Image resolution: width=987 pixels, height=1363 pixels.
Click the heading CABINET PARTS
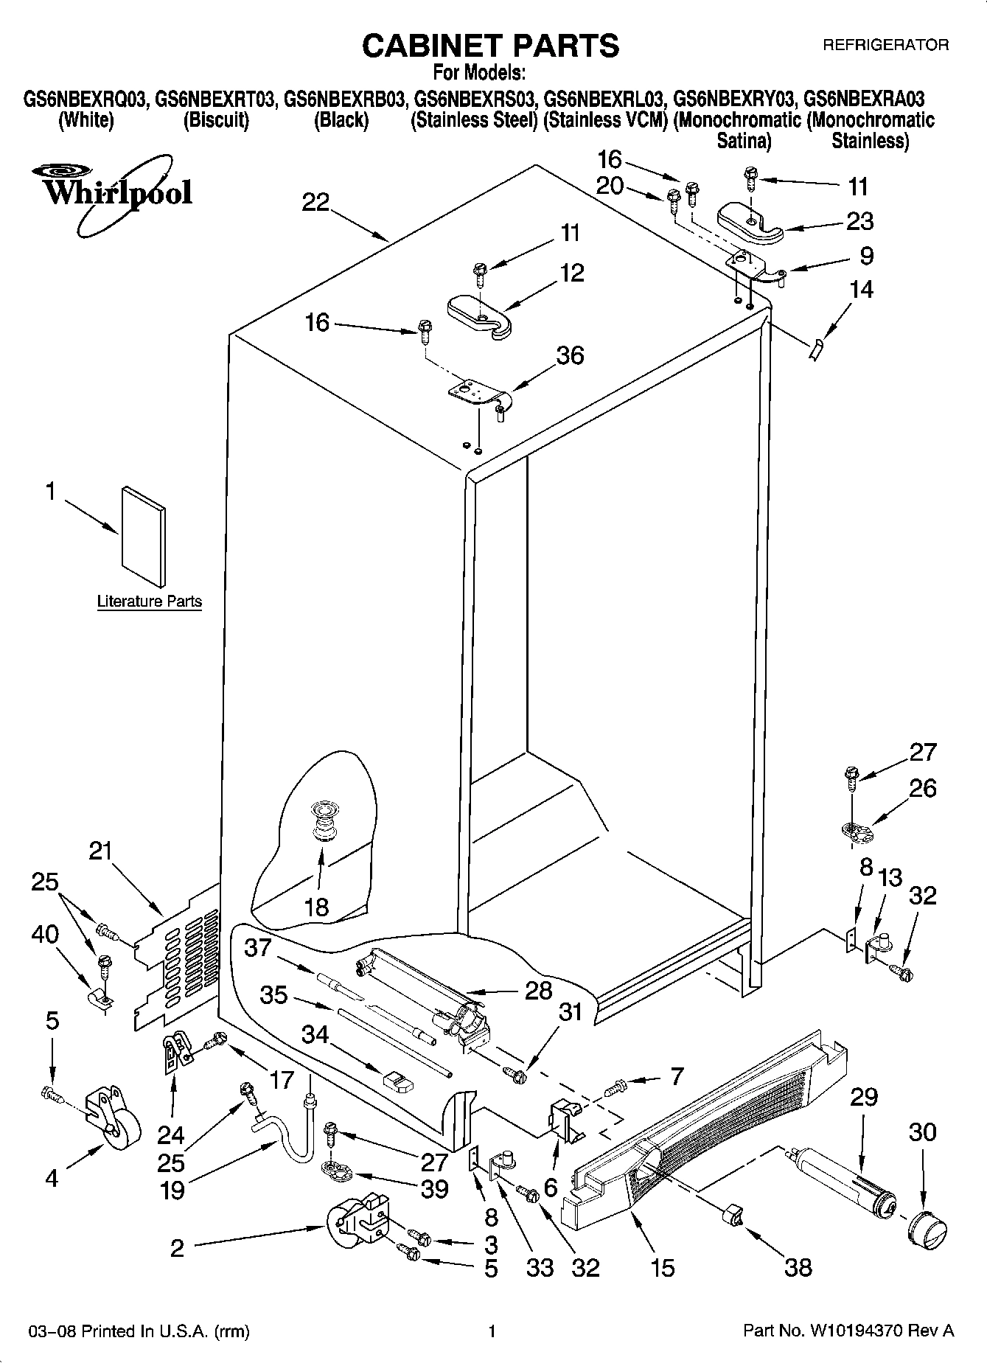click(x=490, y=46)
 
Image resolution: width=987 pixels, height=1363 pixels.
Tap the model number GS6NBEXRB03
click(x=345, y=99)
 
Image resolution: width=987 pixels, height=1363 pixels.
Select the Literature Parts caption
click(x=150, y=602)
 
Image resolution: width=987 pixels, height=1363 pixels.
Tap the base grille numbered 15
click(x=700, y=1128)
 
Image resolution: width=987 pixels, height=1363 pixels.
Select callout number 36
click(x=570, y=355)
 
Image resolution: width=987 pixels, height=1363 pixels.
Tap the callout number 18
click(x=316, y=907)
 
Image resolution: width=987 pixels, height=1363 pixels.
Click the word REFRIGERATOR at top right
click(x=885, y=45)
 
